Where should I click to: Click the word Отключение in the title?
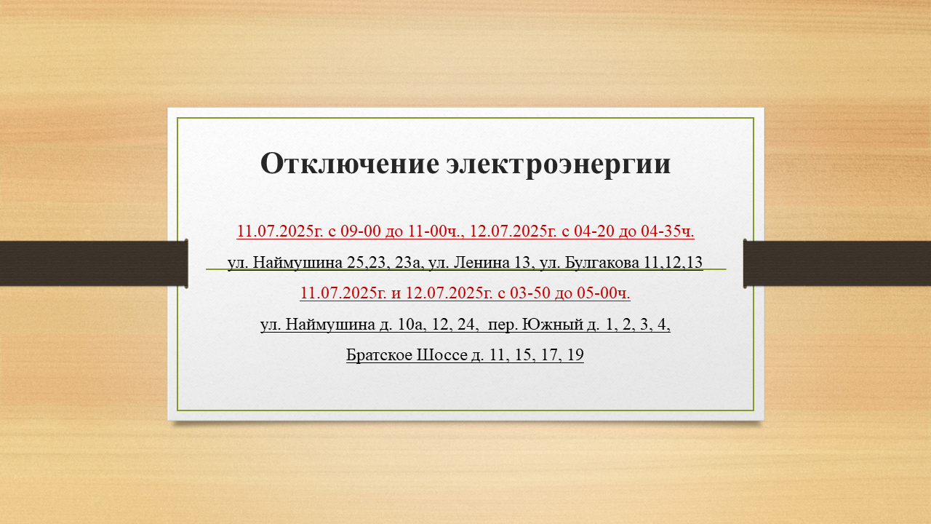coord(350,164)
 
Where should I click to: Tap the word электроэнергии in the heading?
coord(559,164)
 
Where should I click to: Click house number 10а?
coord(412,324)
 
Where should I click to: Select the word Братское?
coord(379,354)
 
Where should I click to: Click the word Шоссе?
coord(441,354)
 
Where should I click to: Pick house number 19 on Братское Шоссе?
coord(575,354)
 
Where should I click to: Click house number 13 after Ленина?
coord(522,263)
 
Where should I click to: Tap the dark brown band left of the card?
coord(94,263)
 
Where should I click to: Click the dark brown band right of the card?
coord(837,263)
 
